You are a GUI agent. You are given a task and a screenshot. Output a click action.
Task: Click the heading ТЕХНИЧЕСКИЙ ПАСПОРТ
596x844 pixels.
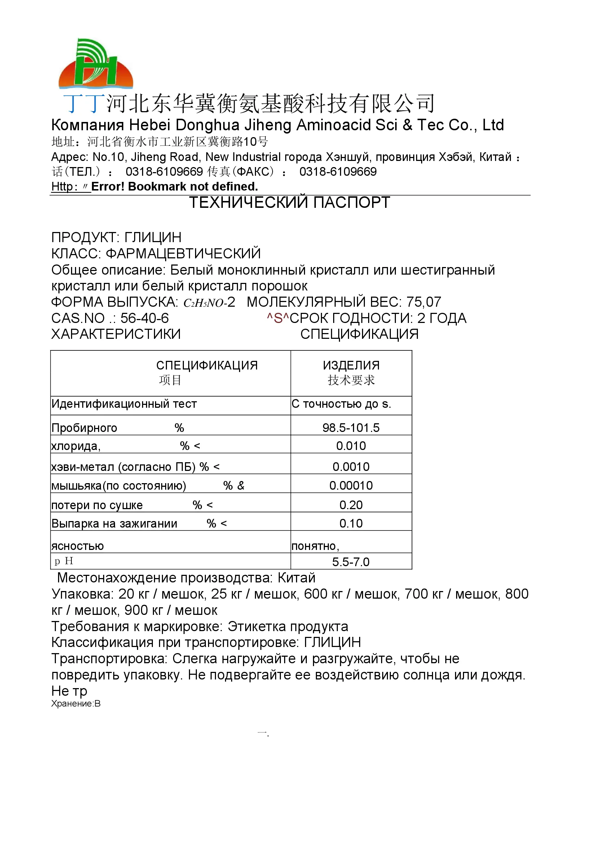(x=290, y=203)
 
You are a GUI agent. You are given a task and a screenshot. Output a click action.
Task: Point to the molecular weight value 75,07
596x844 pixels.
(x=423, y=302)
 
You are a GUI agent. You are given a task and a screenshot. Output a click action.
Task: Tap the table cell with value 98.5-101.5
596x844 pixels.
(x=351, y=428)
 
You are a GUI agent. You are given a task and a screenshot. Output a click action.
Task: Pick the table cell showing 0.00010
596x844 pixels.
(x=351, y=486)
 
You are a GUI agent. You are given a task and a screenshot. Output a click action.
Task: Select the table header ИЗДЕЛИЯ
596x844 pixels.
(x=351, y=366)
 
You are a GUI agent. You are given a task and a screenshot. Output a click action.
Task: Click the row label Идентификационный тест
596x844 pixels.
(x=124, y=404)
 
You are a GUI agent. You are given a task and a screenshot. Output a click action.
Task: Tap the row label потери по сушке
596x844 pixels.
(x=97, y=506)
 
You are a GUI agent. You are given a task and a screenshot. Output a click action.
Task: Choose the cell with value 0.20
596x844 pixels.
(x=351, y=505)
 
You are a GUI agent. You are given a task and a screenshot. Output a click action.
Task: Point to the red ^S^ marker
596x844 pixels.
(x=278, y=318)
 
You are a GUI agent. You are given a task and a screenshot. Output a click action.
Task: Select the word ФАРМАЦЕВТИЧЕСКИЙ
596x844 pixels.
(x=183, y=254)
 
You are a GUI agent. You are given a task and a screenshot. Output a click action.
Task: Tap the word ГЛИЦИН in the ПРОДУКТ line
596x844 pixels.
(x=153, y=237)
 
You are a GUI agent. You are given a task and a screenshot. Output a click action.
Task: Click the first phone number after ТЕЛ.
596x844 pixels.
(x=164, y=172)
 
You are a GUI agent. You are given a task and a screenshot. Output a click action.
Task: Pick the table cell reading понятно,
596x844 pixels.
(x=315, y=546)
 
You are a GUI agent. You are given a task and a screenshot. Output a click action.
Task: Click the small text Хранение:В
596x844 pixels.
(x=76, y=704)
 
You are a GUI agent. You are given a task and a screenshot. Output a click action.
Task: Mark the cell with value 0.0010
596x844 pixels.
(x=351, y=467)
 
